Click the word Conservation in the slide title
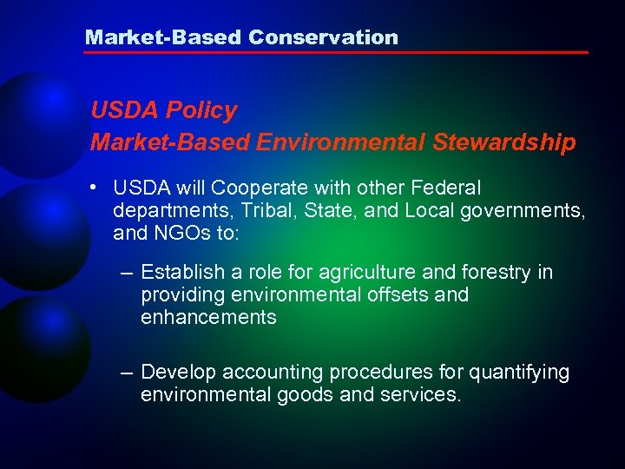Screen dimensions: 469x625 click(x=323, y=37)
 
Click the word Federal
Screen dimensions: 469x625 click(x=447, y=188)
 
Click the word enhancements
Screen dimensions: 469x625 click(x=208, y=318)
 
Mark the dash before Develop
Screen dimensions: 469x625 click(x=127, y=373)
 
